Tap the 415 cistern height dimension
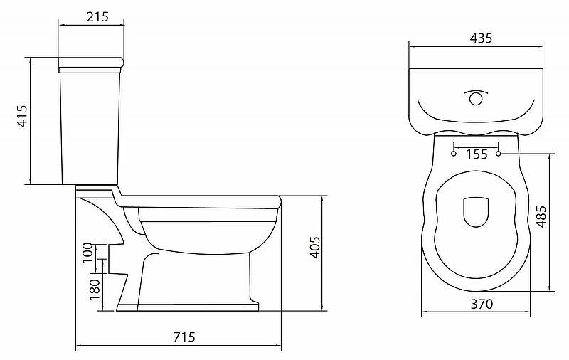pyautogui.click(x=22, y=117)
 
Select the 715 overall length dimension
pyautogui.click(x=183, y=337)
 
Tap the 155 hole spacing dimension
pyautogui.click(x=477, y=154)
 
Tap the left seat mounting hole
pyautogui.click(x=454, y=153)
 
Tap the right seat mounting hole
pyautogui.click(x=499, y=153)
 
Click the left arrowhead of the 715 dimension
pyautogui.click(x=78, y=346)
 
